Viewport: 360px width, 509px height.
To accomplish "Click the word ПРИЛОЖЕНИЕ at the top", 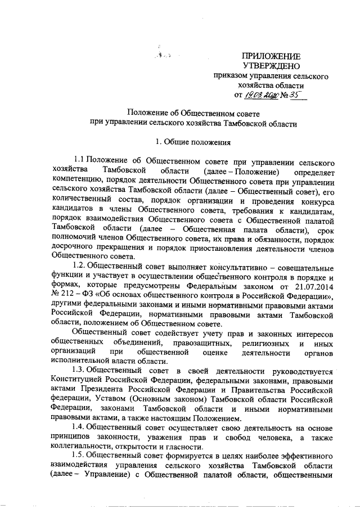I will pyautogui.click(x=271, y=56).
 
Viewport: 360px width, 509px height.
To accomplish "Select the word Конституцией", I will pyautogui.click(x=75, y=380).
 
